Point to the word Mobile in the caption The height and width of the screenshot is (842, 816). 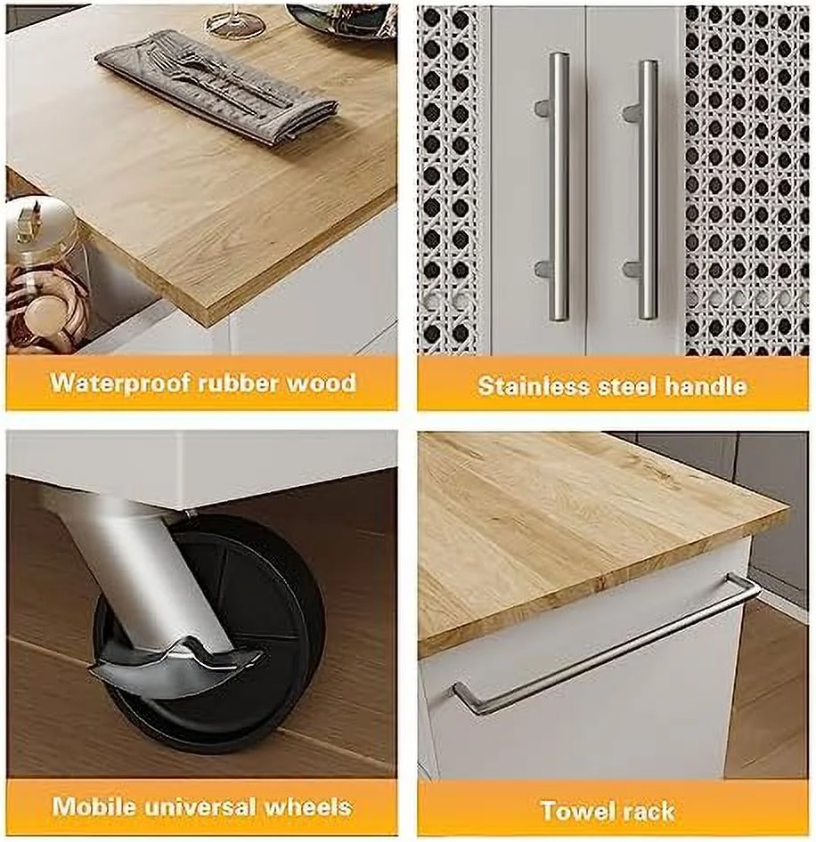[x=92, y=807]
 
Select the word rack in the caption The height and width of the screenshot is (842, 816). [x=652, y=811]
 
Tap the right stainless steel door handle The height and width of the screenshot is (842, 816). [x=647, y=189]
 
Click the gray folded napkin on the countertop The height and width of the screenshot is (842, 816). [x=218, y=85]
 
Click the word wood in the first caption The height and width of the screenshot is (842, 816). [x=322, y=384]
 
